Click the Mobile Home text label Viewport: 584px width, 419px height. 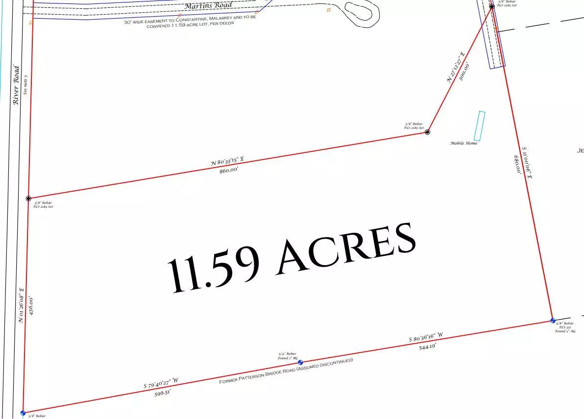click(x=463, y=143)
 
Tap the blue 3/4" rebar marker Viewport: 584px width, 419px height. click(x=300, y=363)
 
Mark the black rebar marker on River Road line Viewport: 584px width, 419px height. click(x=28, y=198)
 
